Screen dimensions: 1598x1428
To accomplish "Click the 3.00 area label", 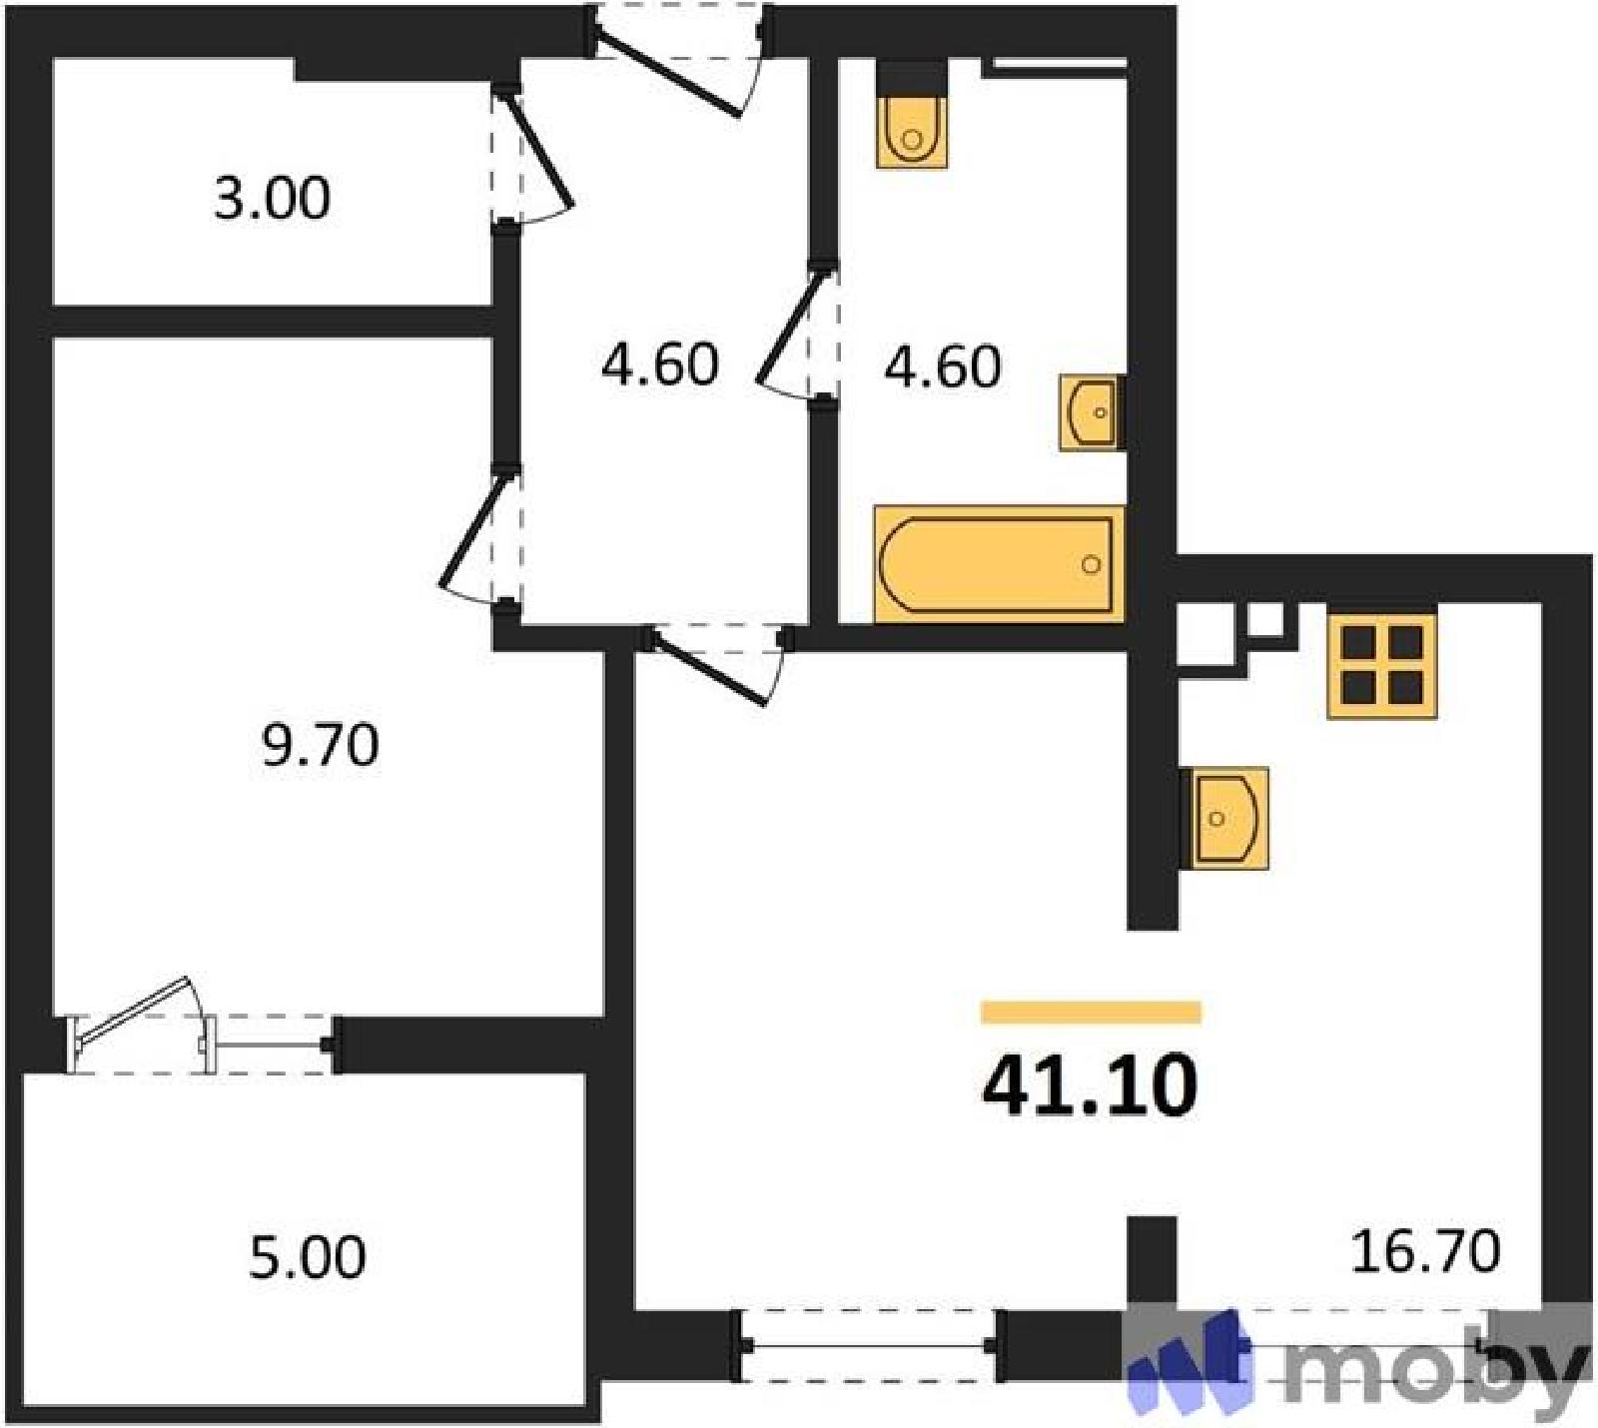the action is [x=272, y=198].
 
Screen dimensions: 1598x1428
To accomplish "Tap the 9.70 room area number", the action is [x=321, y=745].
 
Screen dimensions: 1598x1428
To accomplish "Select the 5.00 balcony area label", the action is [x=307, y=1257].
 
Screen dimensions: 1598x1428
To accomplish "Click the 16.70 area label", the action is [x=1425, y=1251].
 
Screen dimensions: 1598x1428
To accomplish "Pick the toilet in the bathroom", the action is [x=911, y=115].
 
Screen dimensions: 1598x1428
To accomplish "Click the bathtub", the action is [x=999, y=564].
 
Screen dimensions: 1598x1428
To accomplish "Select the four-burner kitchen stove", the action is [x=1382, y=666].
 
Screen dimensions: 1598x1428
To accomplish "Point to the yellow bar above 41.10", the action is [x=1091, y=1013].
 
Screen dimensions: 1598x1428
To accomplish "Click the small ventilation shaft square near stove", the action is [x=1264, y=620].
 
